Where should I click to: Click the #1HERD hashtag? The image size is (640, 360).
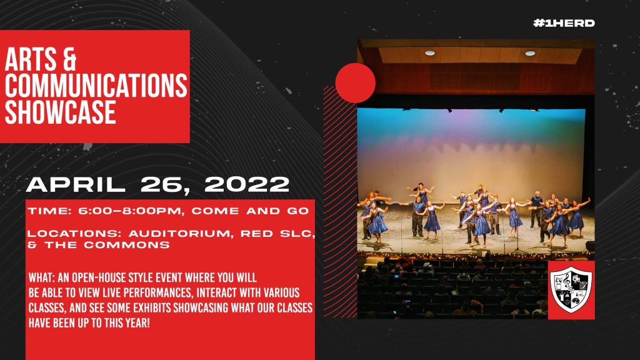(x=564, y=23)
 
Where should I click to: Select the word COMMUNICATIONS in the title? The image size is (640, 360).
(x=96, y=86)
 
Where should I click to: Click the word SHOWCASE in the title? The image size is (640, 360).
(x=61, y=112)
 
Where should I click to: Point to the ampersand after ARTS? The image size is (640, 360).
(x=70, y=59)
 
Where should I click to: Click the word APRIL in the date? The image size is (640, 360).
(x=76, y=184)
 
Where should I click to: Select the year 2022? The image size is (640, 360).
(x=247, y=184)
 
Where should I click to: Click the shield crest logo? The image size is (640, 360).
(x=571, y=290)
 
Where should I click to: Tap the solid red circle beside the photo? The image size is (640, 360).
(x=355, y=83)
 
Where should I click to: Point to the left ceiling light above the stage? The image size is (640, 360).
(x=430, y=53)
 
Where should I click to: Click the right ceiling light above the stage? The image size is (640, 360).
(x=530, y=54)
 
